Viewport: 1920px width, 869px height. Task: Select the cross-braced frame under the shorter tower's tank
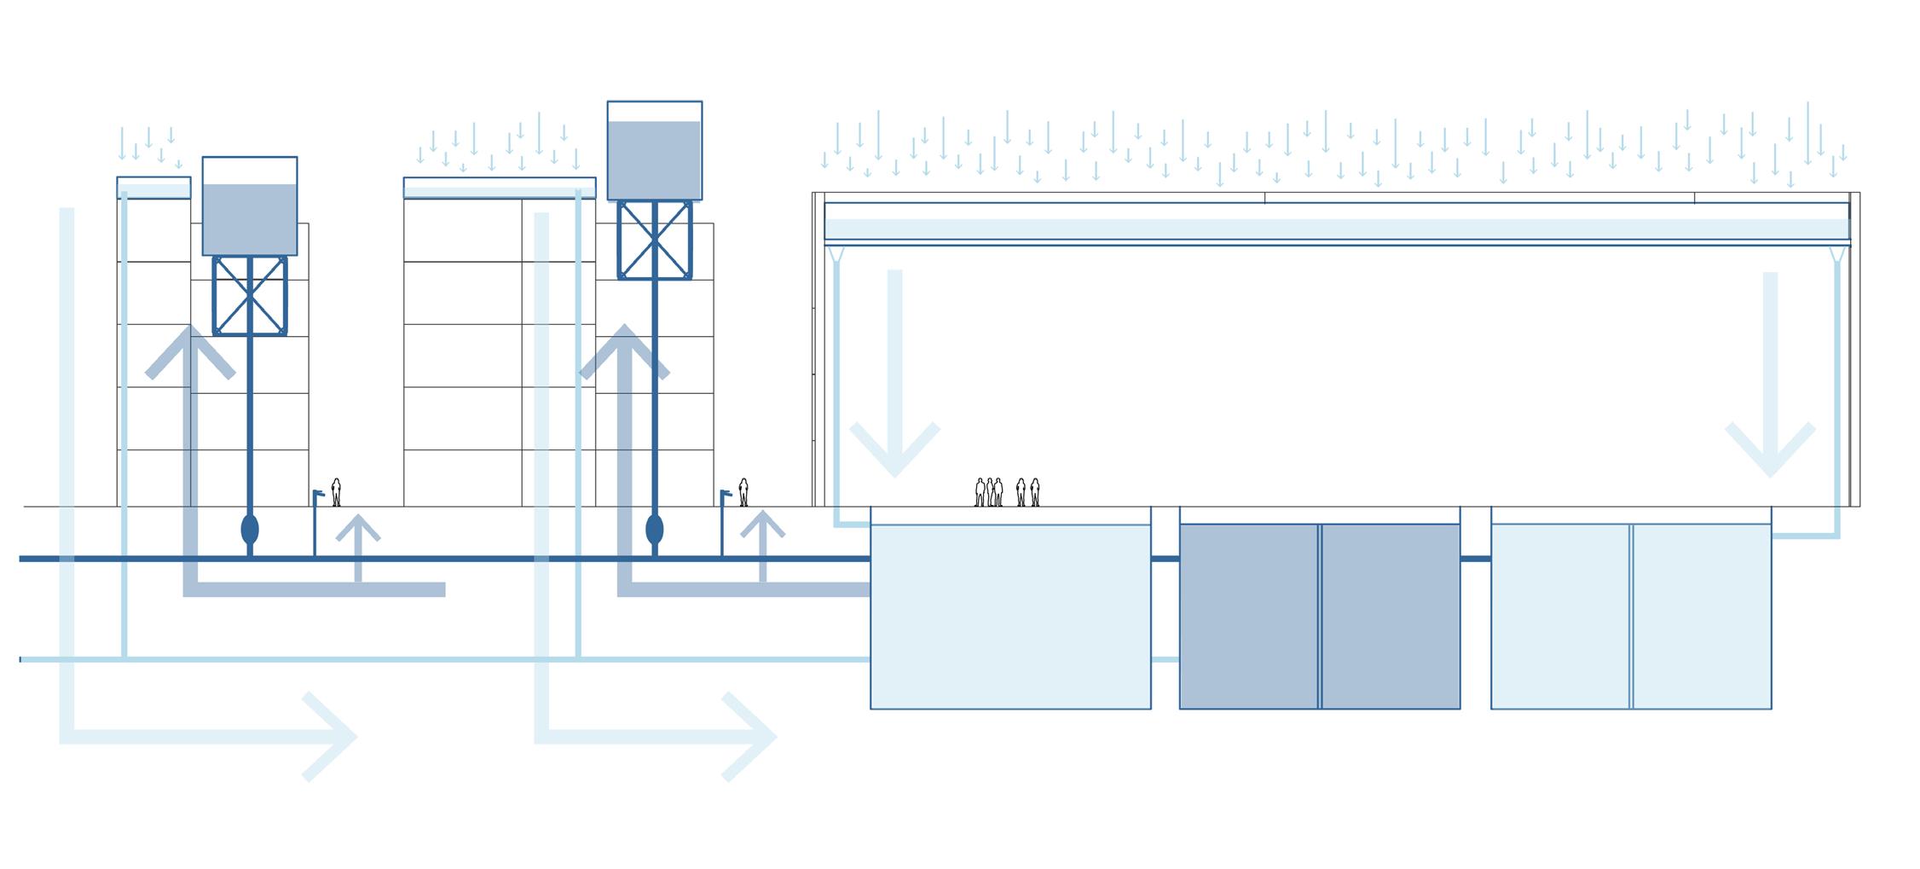click(x=250, y=296)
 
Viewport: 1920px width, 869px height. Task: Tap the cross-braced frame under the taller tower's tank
click(x=655, y=240)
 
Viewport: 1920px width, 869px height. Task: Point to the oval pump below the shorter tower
click(x=250, y=529)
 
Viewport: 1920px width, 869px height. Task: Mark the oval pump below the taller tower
click(x=655, y=529)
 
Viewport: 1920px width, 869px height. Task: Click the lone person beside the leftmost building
click(x=336, y=492)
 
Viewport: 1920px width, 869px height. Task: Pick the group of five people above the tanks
click(x=1007, y=492)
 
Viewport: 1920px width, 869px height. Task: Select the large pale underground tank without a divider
click(x=1010, y=616)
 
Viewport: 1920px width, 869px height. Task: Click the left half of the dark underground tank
click(x=1248, y=616)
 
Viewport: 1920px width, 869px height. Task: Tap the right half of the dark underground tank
click(x=1391, y=616)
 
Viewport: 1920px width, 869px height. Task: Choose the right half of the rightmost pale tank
click(x=1702, y=616)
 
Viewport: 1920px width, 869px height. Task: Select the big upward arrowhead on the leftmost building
click(x=190, y=350)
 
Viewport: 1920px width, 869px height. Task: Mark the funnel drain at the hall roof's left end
click(x=836, y=254)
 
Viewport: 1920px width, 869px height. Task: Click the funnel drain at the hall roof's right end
click(x=1837, y=254)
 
